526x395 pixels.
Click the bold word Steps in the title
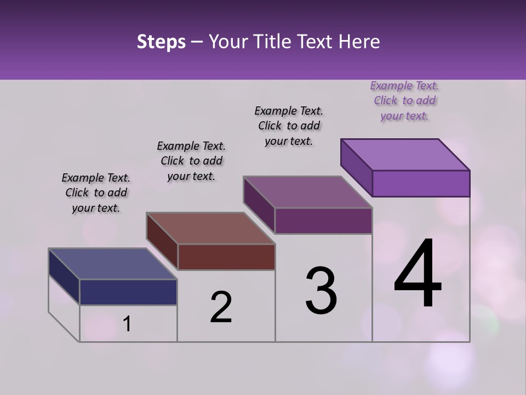tap(161, 42)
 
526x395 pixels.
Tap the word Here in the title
tap(359, 42)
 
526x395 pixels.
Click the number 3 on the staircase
tap(321, 291)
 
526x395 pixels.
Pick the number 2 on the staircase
tap(221, 307)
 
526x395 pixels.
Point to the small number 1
tap(127, 324)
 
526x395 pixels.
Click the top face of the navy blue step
tap(113, 264)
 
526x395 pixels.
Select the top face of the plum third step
tap(308, 192)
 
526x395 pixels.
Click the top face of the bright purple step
tap(405, 155)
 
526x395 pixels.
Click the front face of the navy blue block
tap(128, 292)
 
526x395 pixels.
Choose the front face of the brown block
tap(226, 257)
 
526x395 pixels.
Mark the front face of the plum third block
tap(323, 221)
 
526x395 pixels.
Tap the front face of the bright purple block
tap(421, 183)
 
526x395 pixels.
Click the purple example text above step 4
tap(404, 101)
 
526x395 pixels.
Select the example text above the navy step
tap(96, 193)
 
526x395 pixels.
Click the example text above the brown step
tap(191, 161)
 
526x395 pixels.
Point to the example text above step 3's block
tap(289, 126)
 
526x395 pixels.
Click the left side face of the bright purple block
tap(356, 167)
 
